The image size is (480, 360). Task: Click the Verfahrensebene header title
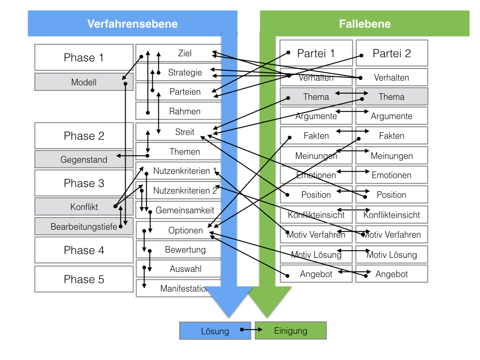pyautogui.click(x=132, y=23)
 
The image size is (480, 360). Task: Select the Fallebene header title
pyautogui.click(x=365, y=23)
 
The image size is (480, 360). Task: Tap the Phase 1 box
pyautogui.click(x=84, y=58)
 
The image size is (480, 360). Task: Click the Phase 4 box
pyautogui.click(x=84, y=250)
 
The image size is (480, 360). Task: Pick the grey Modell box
pyautogui.click(x=84, y=82)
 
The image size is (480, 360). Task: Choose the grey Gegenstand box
pyautogui.click(x=84, y=159)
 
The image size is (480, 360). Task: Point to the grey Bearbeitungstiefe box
pyautogui.click(x=84, y=227)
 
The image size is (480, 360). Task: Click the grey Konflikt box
pyautogui.click(x=84, y=207)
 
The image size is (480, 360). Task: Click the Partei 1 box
pyautogui.click(x=316, y=53)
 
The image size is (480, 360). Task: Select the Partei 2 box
pyautogui.click(x=391, y=53)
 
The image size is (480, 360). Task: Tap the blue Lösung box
pyautogui.click(x=215, y=330)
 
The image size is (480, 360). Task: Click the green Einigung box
pyautogui.click(x=291, y=330)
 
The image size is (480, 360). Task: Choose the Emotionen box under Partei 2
pyautogui.click(x=391, y=175)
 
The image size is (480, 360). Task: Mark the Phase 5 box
pyautogui.click(x=84, y=279)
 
